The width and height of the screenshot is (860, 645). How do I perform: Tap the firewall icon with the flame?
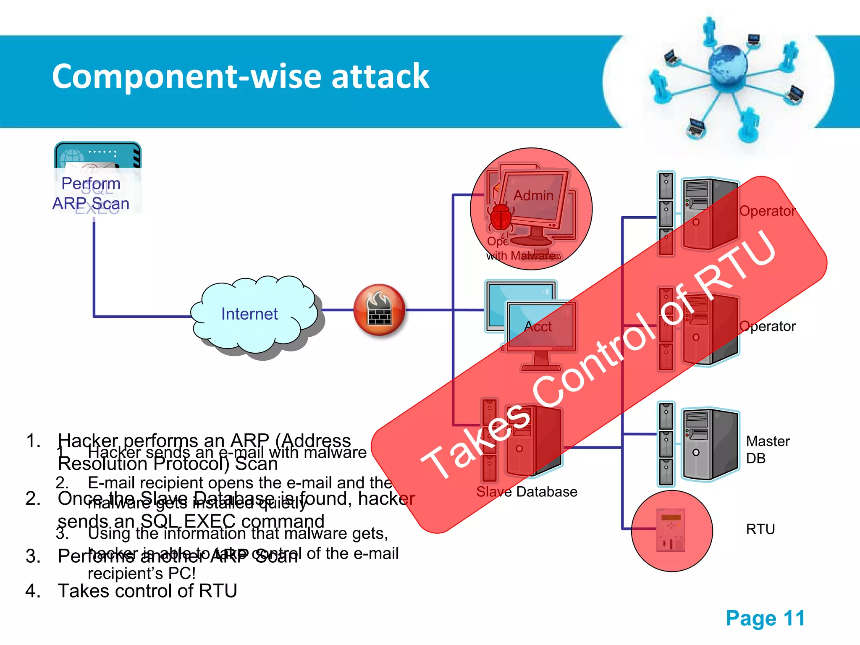click(x=379, y=310)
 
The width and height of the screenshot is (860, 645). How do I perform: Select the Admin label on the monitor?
click(x=533, y=196)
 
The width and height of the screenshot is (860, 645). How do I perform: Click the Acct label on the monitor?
click(x=538, y=327)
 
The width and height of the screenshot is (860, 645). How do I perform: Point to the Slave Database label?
click(x=527, y=492)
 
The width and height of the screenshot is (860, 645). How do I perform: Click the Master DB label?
click(x=767, y=449)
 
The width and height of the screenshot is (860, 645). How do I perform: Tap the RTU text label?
click(x=760, y=529)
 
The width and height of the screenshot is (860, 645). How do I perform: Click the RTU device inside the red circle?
click(x=671, y=530)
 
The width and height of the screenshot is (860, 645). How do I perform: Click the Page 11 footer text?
click(x=765, y=618)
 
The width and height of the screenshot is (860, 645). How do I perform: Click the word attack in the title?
click(x=380, y=76)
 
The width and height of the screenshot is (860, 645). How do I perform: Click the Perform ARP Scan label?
click(x=91, y=194)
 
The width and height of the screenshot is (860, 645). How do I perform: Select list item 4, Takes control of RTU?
click(x=147, y=591)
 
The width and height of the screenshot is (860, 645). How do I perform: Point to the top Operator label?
click(x=767, y=211)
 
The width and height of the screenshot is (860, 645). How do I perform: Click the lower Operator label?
click(x=767, y=326)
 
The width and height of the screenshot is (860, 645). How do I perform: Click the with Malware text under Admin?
click(x=521, y=255)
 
